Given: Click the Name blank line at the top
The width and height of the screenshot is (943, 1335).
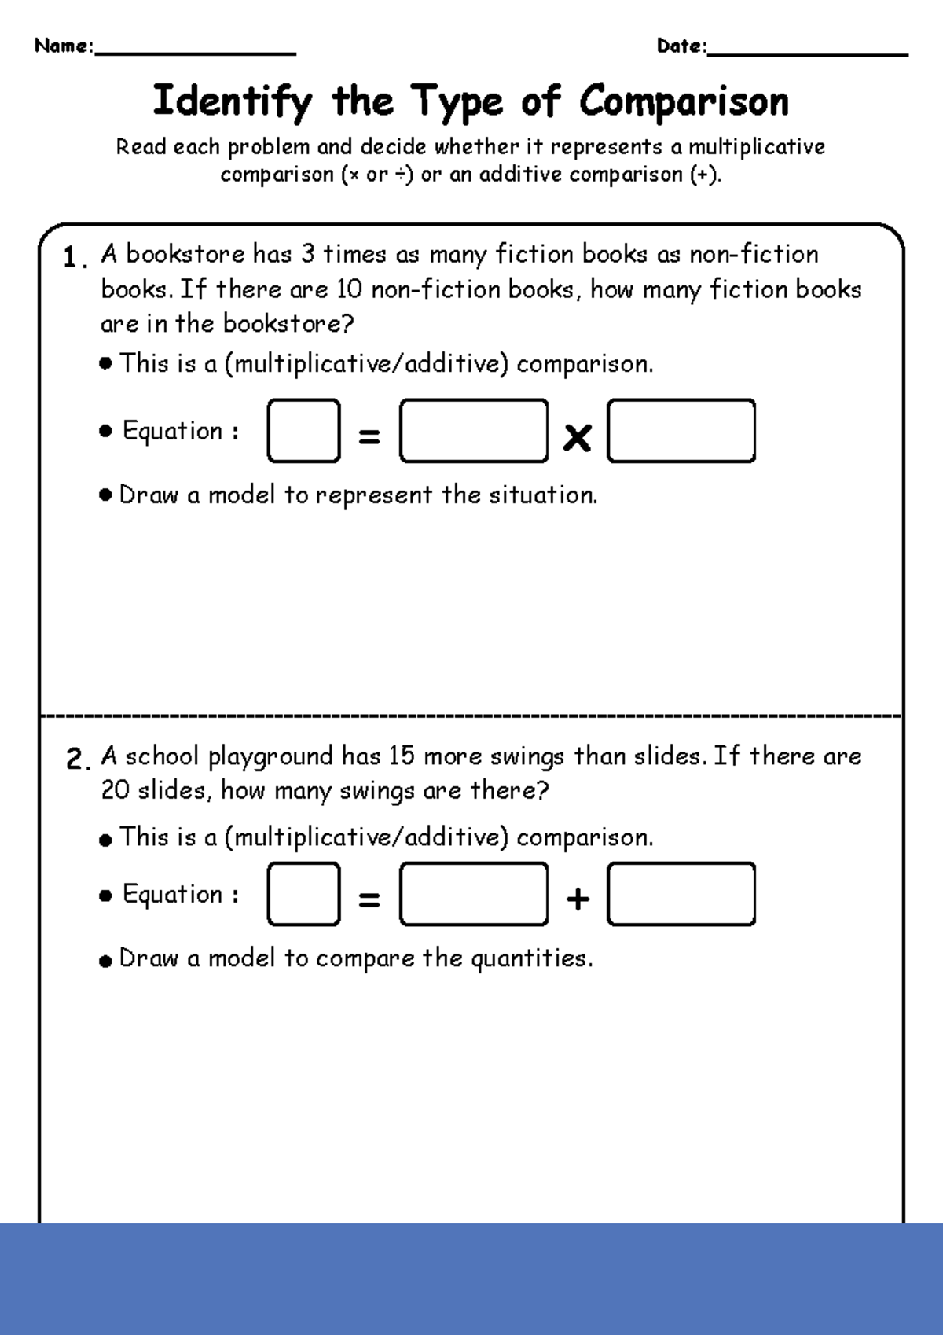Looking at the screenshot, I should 194,52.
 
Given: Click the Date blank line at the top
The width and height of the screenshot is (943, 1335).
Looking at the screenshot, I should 807,53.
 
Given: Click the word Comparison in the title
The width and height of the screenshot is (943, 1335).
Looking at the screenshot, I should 683,101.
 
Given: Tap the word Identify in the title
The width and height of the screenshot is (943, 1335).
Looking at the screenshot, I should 232,101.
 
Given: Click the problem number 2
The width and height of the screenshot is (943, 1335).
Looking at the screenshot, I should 75,759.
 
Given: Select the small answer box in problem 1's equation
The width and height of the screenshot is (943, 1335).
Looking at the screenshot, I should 303,431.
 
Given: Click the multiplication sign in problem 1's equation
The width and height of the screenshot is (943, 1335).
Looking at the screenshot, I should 577,437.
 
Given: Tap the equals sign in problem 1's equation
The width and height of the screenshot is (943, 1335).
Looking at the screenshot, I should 369,436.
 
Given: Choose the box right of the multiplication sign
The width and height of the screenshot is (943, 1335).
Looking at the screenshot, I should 681,431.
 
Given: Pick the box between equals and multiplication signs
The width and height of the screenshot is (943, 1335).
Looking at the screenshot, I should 473,431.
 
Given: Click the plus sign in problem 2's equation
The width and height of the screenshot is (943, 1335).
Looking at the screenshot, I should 578,899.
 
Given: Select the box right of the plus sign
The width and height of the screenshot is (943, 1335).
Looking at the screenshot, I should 681,894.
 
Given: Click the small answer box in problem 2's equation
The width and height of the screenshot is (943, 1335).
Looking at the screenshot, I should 303,894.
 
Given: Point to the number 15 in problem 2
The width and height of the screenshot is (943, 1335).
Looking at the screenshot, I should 401,756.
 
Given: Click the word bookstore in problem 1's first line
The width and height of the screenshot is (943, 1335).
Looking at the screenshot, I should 185,254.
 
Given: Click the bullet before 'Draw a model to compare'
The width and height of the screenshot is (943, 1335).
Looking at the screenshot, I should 106,961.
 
